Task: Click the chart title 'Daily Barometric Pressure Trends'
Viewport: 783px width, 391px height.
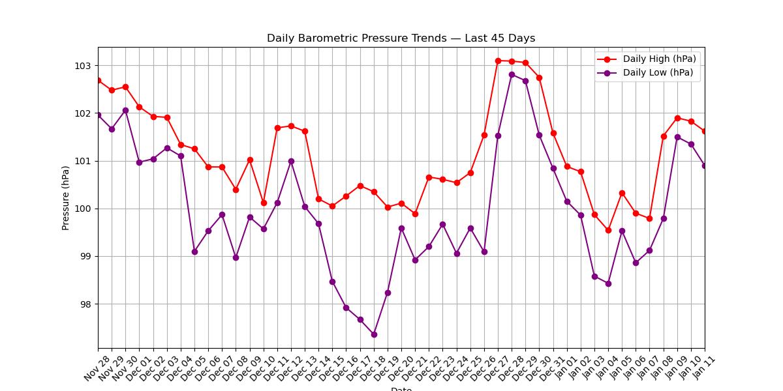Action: point(401,38)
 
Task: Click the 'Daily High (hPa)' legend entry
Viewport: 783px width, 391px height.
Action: point(659,59)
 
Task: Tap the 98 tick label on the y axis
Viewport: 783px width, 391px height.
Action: point(84,304)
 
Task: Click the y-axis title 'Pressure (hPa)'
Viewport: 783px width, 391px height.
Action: point(65,198)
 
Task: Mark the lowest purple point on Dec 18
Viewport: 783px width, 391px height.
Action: point(374,334)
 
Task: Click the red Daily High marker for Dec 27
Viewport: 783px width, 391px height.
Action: point(498,61)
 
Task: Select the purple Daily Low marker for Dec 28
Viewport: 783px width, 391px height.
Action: point(512,74)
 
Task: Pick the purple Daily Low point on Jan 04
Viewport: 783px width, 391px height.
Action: point(608,283)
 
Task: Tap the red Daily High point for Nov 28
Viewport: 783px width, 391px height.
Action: point(99,80)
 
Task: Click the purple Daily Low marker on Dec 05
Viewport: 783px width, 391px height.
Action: point(194,252)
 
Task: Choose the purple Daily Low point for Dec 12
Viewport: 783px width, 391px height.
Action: point(291,161)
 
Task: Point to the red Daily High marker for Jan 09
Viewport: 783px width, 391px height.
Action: point(677,118)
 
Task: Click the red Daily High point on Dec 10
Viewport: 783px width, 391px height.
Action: point(264,203)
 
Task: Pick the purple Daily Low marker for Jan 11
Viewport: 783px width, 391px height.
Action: point(705,166)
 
